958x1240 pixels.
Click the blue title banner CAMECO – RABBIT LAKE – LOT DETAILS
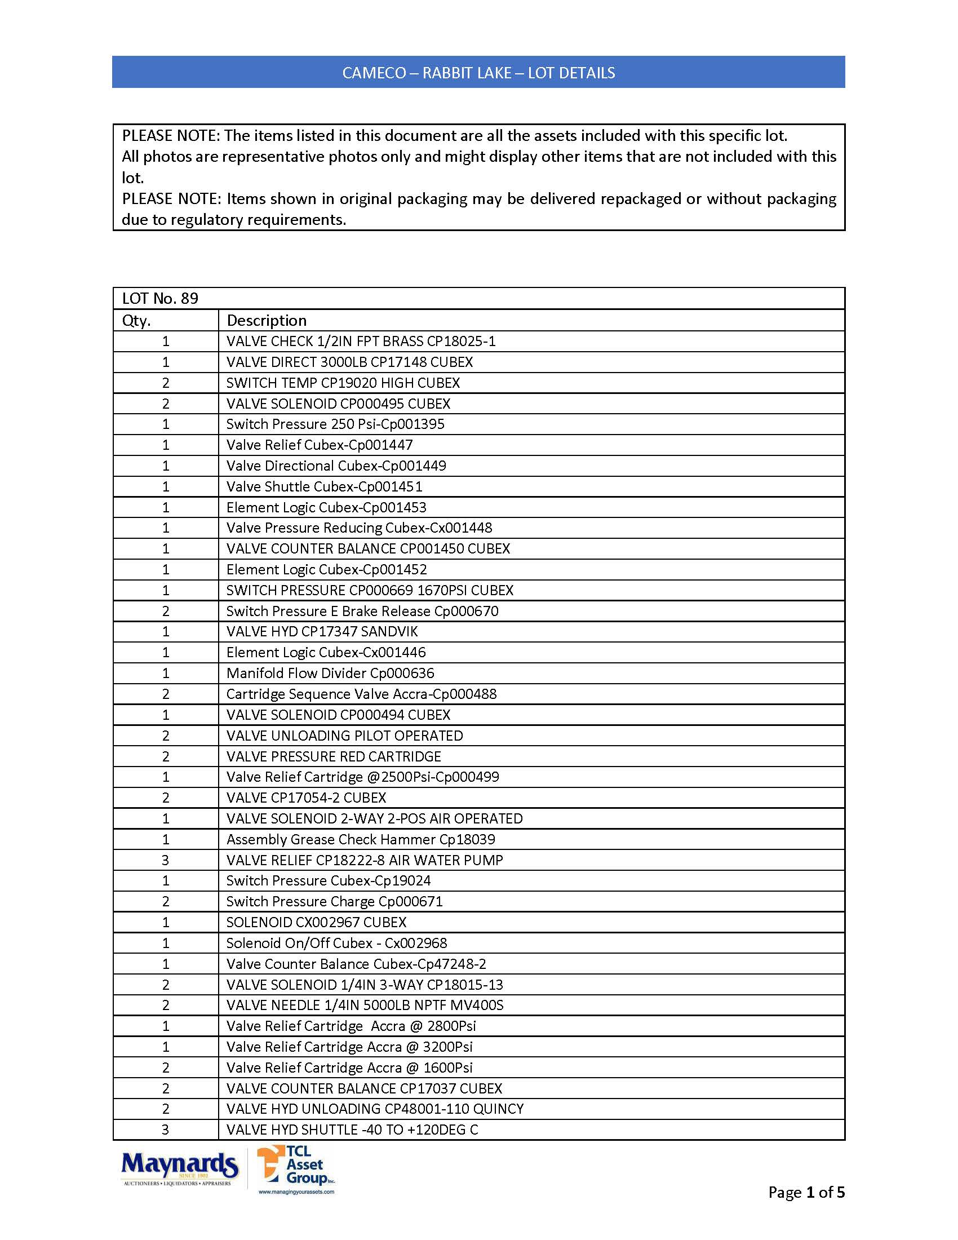point(478,73)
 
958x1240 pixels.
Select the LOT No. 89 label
point(160,299)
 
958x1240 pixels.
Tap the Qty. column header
point(136,321)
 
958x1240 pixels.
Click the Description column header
point(266,321)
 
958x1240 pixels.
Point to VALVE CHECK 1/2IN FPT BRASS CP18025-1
point(361,341)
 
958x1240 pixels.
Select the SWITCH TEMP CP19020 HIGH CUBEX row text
point(343,383)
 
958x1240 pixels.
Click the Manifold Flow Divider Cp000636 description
point(330,674)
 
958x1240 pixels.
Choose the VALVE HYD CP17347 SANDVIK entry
point(322,631)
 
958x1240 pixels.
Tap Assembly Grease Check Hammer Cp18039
point(361,839)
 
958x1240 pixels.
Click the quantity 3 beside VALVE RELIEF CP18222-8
point(166,860)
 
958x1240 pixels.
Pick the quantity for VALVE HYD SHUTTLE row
point(166,1130)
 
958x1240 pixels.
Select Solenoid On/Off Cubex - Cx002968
point(336,943)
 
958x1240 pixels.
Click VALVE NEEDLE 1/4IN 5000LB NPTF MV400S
point(365,1006)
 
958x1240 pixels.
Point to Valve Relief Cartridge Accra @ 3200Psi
point(349,1047)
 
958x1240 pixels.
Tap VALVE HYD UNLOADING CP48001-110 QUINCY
point(375,1109)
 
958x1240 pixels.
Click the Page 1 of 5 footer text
point(806,1192)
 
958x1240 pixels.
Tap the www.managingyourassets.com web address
point(296,1192)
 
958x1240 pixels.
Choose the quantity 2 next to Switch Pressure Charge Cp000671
point(166,902)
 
